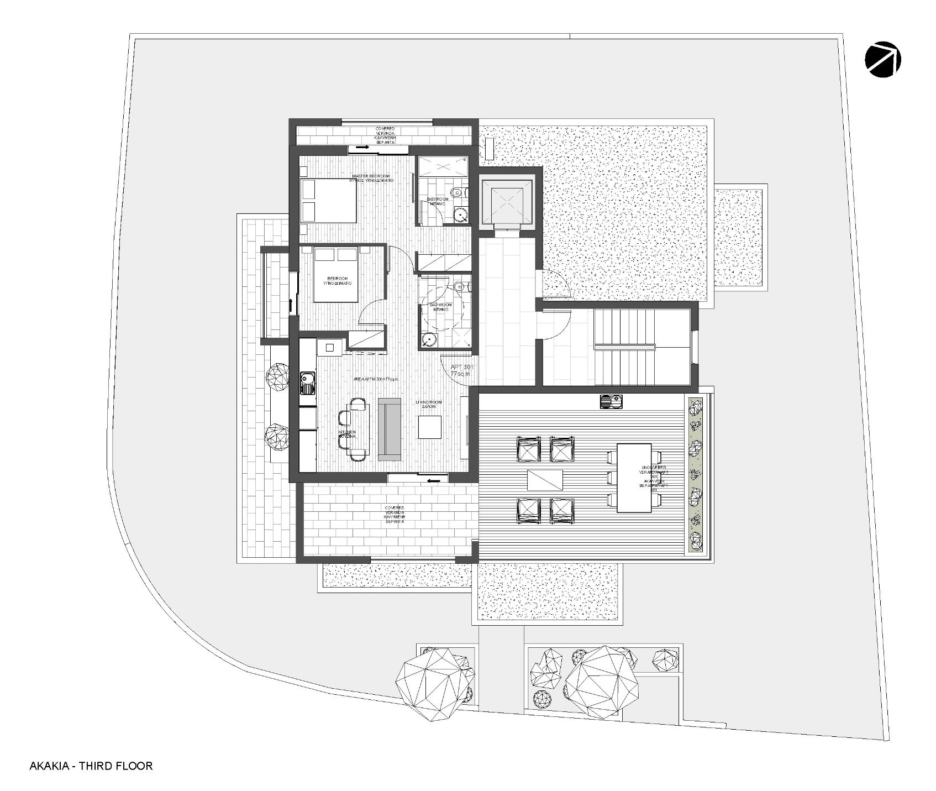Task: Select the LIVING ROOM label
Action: tap(429, 405)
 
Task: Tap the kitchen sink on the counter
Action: tap(307, 383)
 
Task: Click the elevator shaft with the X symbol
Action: tap(507, 202)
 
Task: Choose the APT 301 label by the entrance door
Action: tap(460, 370)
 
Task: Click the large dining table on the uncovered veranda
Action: tap(634, 477)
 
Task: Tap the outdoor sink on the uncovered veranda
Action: tap(611, 401)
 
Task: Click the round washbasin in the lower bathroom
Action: tap(428, 339)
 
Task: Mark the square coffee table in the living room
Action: tap(429, 427)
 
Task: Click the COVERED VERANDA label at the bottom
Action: tap(395, 514)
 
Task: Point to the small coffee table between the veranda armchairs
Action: tap(544, 479)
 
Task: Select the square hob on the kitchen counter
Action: tap(330, 347)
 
